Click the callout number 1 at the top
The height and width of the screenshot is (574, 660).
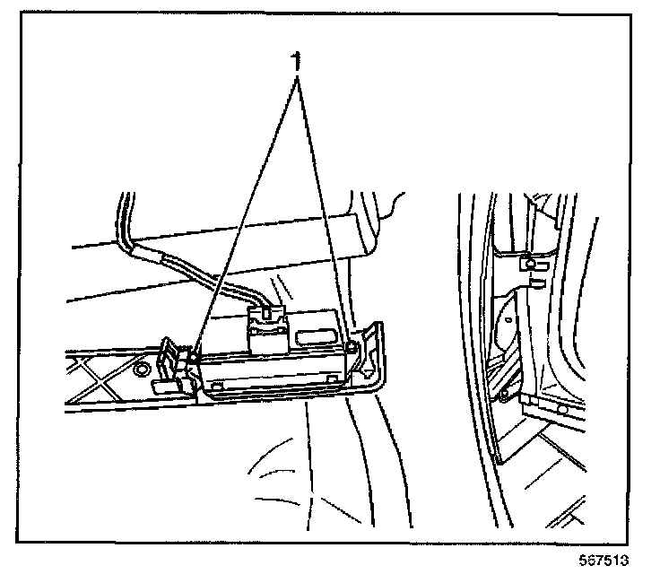(x=297, y=63)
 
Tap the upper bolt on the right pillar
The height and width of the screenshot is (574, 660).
(x=532, y=264)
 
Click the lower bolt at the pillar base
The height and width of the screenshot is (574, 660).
(x=507, y=392)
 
